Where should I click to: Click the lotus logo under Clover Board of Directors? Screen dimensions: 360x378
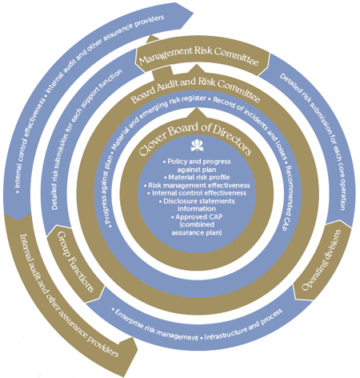point(197,146)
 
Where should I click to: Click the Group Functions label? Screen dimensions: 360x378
point(75,262)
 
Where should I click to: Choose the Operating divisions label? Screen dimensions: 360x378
point(322,259)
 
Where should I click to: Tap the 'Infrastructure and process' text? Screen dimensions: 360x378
point(243,324)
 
